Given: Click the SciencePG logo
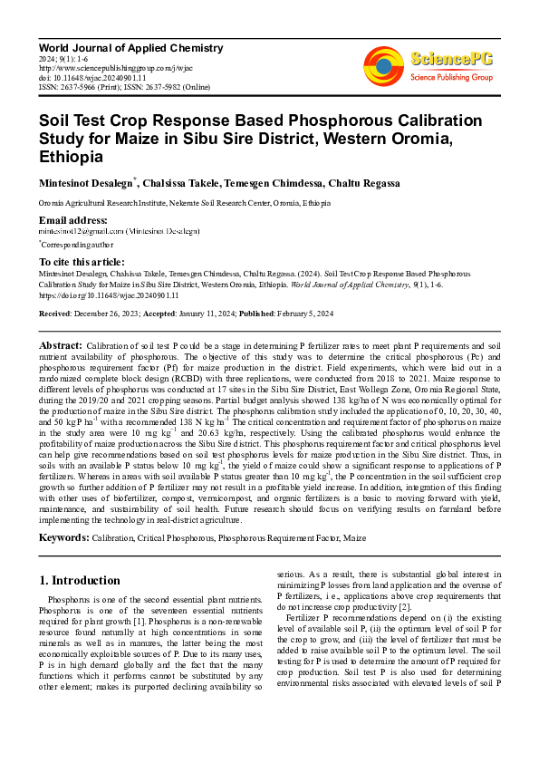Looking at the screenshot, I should (448, 63).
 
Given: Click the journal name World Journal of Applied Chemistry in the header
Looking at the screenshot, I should (130, 48).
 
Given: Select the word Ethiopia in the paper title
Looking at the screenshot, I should (72, 156).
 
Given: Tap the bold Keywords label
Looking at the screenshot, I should (64, 537).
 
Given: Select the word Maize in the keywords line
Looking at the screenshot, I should (354, 537).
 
